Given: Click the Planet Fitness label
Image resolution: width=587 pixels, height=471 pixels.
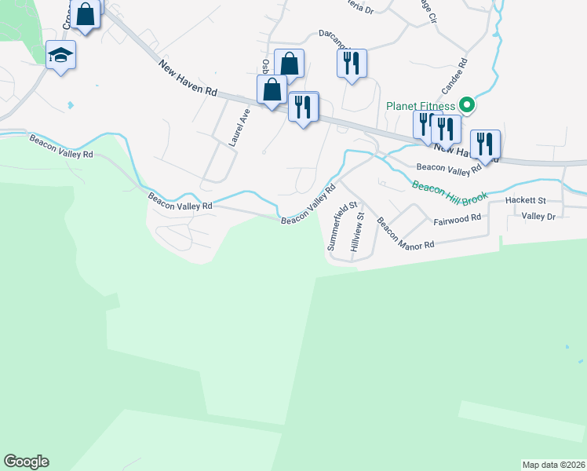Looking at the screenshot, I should coord(421,106).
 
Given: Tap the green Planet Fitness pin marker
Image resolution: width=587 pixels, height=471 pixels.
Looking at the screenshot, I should coord(466,104).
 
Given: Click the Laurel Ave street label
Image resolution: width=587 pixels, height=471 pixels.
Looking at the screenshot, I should coord(239,128).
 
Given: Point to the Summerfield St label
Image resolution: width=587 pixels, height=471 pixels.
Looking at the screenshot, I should coord(336,228).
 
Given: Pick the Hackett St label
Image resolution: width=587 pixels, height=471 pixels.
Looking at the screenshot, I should coord(525,201).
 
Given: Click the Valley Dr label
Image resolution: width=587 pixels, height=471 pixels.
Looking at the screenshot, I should coord(538,216).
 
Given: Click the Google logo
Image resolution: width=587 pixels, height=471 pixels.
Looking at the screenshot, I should coord(26,462).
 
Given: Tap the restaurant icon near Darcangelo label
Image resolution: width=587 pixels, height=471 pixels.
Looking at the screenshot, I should coord(352,64).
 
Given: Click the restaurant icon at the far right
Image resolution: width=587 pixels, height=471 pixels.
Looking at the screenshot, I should coord(485,144).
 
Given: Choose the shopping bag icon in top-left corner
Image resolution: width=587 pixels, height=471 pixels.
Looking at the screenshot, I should coord(86,13).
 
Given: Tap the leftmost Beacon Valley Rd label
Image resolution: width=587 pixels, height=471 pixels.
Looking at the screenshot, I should coord(61,147).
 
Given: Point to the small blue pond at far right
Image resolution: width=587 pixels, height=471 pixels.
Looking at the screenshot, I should coord(567,345).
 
